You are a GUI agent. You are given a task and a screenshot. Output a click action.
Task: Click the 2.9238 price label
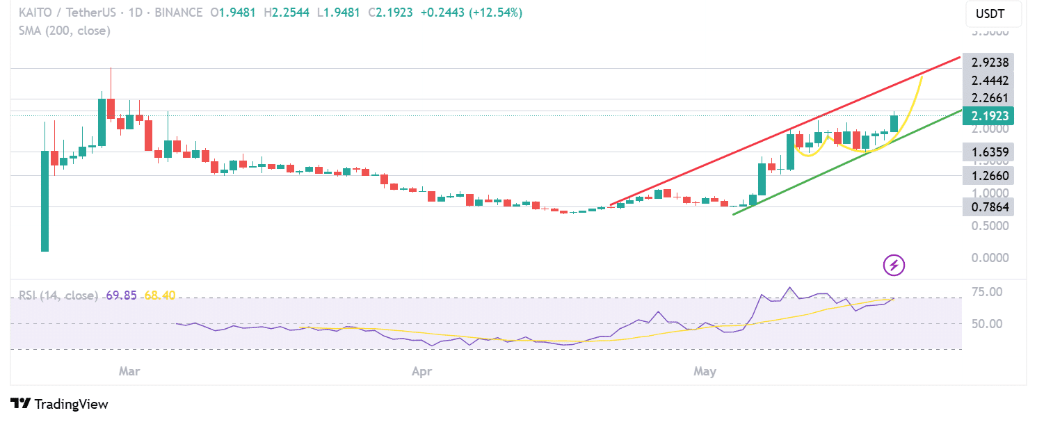[989, 62]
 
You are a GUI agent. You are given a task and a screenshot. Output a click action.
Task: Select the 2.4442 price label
[989, 81]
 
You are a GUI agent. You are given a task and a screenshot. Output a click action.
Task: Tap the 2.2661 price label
[989, 98]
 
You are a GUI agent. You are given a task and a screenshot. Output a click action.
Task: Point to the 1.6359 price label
[989, 152]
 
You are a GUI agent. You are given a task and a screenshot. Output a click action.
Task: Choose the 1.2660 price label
[989, 175]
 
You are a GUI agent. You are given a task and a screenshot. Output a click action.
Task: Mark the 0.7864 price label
[989, 206]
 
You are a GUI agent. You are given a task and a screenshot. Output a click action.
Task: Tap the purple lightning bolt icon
[894, 265]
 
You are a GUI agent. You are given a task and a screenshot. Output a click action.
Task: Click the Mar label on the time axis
[129, 372]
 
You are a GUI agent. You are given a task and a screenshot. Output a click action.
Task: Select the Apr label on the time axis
[421, 372]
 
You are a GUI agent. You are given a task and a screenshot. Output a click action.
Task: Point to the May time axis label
[705, 372]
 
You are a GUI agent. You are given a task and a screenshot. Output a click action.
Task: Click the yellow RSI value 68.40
[160, 295]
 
